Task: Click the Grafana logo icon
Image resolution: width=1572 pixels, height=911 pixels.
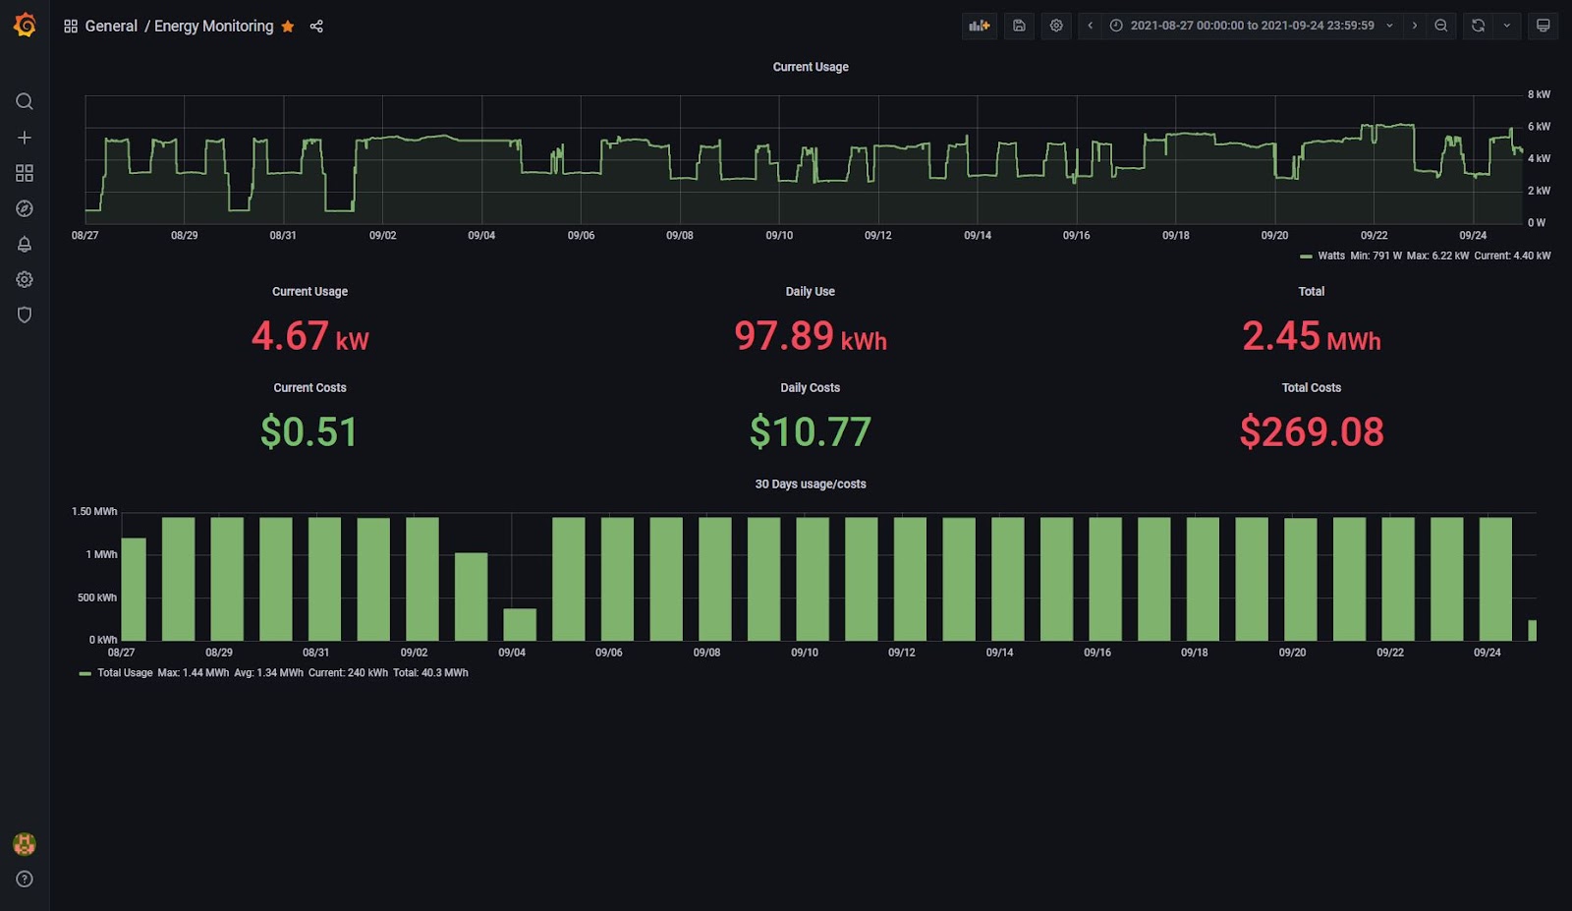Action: [x=25, y=26]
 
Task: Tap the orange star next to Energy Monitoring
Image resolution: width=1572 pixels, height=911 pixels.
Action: [x=288, y=27]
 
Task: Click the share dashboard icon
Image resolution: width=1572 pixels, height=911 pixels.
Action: [x=316, y=27]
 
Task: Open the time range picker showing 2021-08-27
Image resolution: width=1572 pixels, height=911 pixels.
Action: [x=1252, y=26]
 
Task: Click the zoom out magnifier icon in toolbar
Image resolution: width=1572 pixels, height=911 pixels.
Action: [x=1440, y=26]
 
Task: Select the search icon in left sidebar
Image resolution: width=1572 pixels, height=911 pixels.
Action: [x=25, y=101]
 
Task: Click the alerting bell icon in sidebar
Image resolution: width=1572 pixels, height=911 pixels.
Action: [x=25, y=244]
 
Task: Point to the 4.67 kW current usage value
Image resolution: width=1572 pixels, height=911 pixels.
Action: [x=309, y=336]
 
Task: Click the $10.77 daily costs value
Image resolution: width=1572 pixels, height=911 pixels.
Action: [x=810, y=432]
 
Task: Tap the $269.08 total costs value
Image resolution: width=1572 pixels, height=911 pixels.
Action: [x=1311, y=432]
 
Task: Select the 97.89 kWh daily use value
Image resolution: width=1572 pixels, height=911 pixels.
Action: [x=810, y=336]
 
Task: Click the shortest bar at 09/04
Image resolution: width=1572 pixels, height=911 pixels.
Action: [x=520, y=625]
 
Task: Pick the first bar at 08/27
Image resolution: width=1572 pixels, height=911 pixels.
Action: [x=134, y=590]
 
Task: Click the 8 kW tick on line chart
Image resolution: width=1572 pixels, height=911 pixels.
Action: [x=1538, y=94]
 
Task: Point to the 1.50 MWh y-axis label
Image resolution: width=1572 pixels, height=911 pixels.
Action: [x=94, y=512]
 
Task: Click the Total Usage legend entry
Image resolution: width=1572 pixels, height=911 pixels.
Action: [x=124, y=673]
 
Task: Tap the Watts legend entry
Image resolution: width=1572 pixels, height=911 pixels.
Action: [x=1330, y=256]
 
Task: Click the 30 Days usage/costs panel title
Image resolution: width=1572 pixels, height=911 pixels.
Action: [x=810, y=484]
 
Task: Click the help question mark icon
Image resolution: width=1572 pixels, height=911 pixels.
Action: [x=25, y=880]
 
